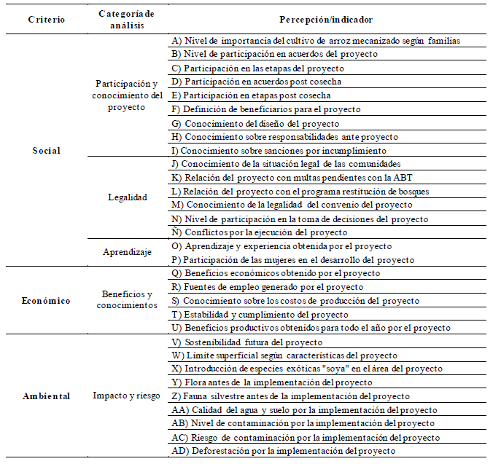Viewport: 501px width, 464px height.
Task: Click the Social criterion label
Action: (x=46, y=151)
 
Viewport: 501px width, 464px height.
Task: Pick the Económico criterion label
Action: (x=46, y=300)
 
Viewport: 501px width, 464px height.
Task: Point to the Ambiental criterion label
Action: (x=46, y=396)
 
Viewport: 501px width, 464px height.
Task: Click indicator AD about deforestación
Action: (x=284, y=451)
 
